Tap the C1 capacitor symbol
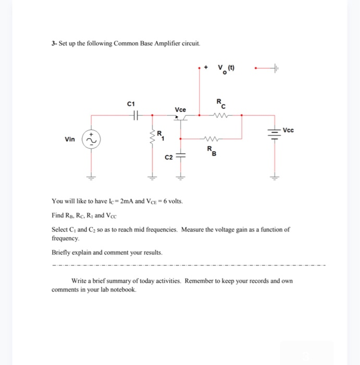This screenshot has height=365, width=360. pos(136,115)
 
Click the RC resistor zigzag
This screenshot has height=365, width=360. pos(221,116)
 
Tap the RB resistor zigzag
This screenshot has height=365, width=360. pos(212,139)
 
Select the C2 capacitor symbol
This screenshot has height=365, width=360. pos(180,155)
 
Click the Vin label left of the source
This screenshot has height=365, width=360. pos(70,140)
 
